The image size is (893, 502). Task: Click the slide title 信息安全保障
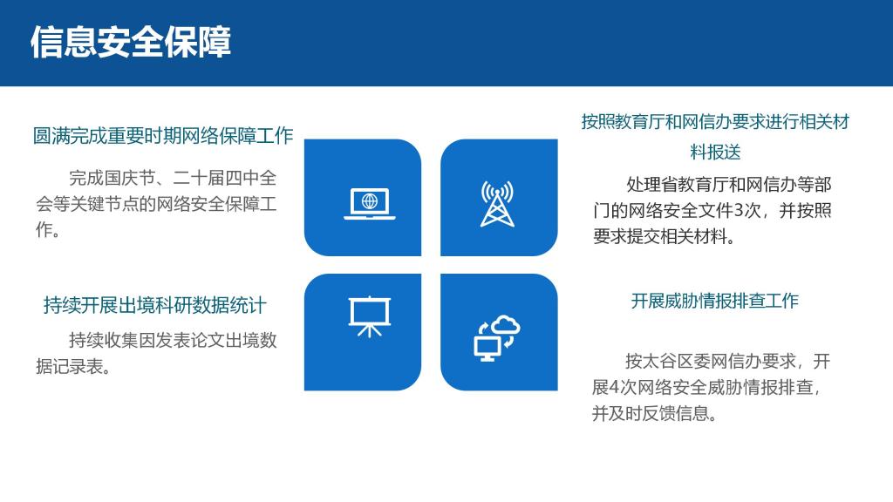(131, 42)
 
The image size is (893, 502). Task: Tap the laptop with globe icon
(370, 203)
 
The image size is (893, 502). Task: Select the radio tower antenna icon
(497, 204)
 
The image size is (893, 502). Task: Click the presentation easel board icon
(370, 316)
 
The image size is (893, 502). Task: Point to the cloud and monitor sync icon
(496, 338)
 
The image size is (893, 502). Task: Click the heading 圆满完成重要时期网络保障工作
(163, 136)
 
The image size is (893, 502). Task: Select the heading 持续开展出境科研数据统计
(155, 306)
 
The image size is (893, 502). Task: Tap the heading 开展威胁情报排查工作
(715, 301)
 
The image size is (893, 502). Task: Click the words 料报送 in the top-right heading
(715, 153)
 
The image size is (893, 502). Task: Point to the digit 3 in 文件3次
(740, 211)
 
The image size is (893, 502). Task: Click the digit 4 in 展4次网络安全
(615, 388)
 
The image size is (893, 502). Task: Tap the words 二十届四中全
(224, 178)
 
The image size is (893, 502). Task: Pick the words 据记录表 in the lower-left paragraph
(70, 367)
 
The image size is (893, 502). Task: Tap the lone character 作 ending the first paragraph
(44, 229)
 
